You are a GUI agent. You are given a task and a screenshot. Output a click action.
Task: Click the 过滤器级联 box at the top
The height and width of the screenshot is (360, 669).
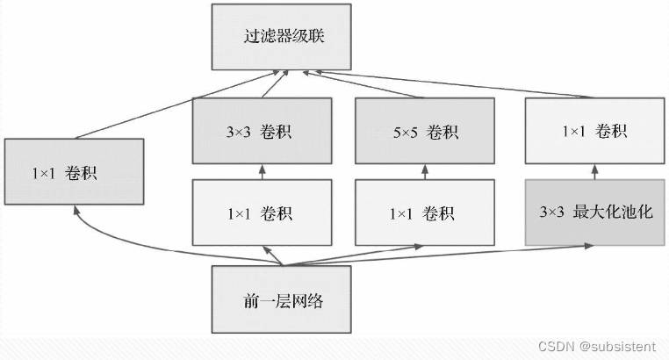[x=282, y=37]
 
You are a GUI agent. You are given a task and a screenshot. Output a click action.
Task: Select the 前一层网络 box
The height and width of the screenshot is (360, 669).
[x=282, y=299]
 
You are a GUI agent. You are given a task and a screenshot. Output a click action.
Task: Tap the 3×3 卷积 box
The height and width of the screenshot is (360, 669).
[x=262, y=131]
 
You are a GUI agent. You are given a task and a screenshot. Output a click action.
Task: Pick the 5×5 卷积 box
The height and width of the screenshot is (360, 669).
[x=425, y=131]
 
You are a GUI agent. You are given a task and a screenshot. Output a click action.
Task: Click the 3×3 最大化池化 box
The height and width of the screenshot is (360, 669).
[x=594, y=212]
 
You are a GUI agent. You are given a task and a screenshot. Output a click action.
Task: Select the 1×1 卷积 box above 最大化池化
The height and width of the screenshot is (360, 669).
[x=594, y=131]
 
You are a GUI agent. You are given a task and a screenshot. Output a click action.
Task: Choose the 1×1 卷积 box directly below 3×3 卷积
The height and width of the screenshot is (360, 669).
[x=262, y=212]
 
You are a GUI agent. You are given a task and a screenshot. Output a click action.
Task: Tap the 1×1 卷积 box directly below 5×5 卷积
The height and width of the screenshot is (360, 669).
[x=425, y=212]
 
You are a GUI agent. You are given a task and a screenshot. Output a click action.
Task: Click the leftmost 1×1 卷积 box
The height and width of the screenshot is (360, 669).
[x=75, y=171]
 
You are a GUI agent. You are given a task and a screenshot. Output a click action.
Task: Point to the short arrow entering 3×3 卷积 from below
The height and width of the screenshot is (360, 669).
[x=262, y=172]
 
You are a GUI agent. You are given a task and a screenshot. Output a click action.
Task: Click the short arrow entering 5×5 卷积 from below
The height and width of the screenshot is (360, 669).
[x=425, y=172]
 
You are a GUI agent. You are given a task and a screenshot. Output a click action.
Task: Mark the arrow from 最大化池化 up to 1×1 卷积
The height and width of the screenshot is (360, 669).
[x=594, y=172]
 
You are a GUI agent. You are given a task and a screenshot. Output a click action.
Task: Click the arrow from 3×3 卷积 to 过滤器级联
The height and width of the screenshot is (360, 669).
[x=275, y=84]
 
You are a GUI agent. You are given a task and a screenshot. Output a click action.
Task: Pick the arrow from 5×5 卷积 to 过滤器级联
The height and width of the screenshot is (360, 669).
[x=363, y=84]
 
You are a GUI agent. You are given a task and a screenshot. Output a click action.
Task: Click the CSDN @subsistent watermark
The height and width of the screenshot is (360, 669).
[x=596, y=346]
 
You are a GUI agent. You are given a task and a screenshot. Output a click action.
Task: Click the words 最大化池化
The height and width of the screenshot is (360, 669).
[x=613, y=212]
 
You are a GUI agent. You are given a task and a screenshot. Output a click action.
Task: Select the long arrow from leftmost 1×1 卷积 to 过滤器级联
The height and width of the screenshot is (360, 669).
[x=176, y=105]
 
